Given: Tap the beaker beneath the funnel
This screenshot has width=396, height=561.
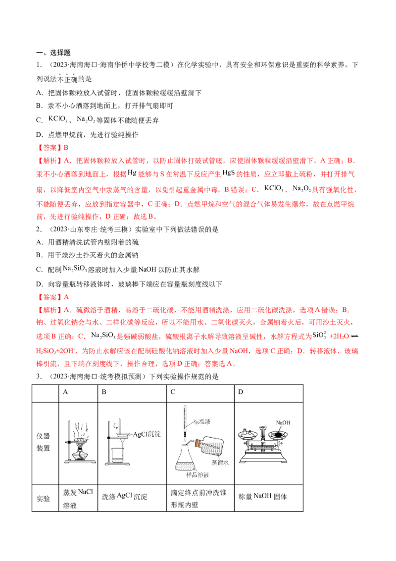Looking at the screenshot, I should coord(117,457).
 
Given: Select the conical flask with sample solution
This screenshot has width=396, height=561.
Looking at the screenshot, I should coord(185,458).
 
